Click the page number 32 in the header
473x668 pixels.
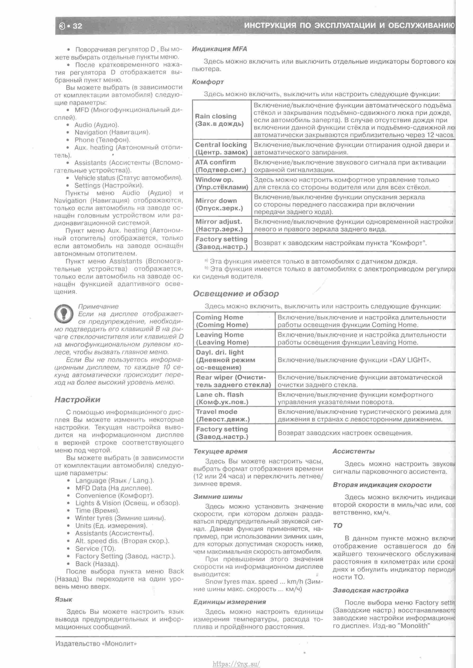tap(77, 26)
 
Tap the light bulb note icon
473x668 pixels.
tap(64, 314)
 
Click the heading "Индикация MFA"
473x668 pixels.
tap(219, 49)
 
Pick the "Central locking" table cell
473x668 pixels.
tap(221, 148)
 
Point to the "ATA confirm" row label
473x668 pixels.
tap(220, 166)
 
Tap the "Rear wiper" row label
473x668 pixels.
tap(233, 381)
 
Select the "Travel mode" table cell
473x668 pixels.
tap(223, 415)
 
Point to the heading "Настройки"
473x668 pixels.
tap(77, 400)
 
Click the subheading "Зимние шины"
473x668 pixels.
tap(218, 496)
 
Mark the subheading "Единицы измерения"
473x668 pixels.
tap(229, 601)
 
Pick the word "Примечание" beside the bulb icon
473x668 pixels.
tap(98, 306)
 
